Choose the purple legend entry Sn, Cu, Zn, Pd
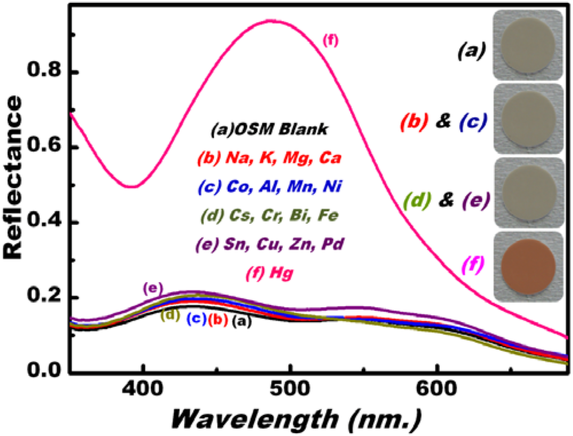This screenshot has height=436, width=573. click(x=271, y=245)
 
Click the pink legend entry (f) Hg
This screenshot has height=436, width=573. click(x=271, y=274)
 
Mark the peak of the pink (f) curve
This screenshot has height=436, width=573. click(x=272, y=21)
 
